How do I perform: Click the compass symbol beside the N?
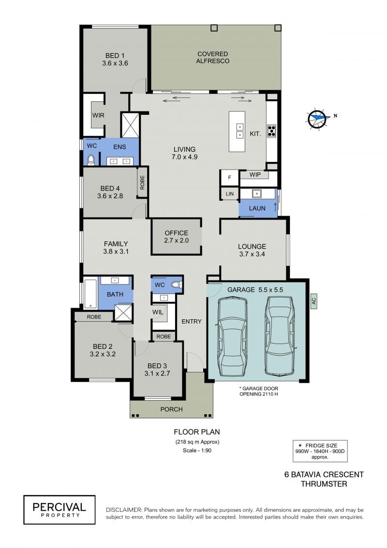point(318,118)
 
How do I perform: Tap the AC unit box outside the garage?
point(313,300)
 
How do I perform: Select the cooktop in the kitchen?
point(272,131)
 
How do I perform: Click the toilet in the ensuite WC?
point(91,160)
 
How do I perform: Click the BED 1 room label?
point(115,60)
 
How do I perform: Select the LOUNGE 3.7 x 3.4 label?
point(252,250)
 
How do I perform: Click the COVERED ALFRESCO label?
point(212,57)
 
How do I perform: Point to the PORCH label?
point(171,409)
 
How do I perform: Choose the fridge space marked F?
point(229,177)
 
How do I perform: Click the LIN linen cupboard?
point(229,194)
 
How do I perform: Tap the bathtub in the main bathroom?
point(90,293)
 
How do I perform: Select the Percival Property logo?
point(60,510)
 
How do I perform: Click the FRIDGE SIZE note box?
point(320,451)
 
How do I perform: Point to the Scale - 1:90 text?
point(197,451)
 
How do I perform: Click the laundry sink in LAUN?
point(256,193)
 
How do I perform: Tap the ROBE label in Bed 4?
point(142,182)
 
